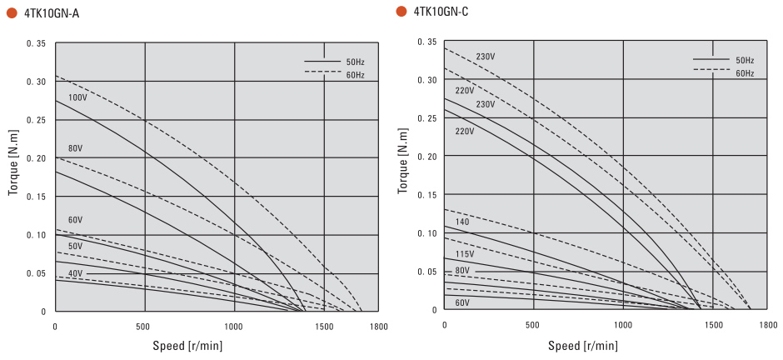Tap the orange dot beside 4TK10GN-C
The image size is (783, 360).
[401, 11]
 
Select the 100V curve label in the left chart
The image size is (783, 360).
[77, 97]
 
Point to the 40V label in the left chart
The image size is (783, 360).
[76, 273]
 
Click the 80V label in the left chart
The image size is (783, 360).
[76, 148]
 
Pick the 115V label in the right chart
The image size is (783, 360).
[465, 253]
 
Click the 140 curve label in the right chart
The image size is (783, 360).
[462, 221]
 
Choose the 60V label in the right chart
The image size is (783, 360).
[462, 302]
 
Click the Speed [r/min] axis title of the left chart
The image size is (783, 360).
[187, 346]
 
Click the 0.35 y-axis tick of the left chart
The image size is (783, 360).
[37, 42]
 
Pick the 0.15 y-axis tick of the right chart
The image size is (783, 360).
[426, 195]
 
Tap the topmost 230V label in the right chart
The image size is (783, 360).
[486, 57]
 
